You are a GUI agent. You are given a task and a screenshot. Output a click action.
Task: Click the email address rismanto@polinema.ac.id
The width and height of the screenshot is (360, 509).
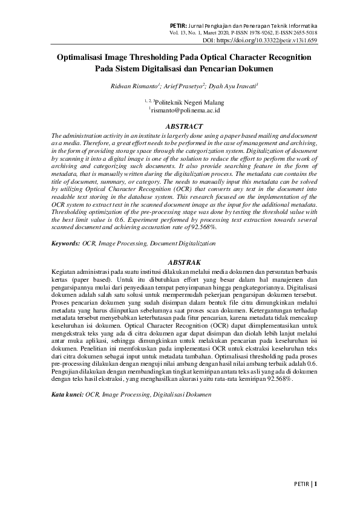point(185,111)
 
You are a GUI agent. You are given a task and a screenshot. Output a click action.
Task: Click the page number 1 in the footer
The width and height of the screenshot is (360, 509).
point(315,484)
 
